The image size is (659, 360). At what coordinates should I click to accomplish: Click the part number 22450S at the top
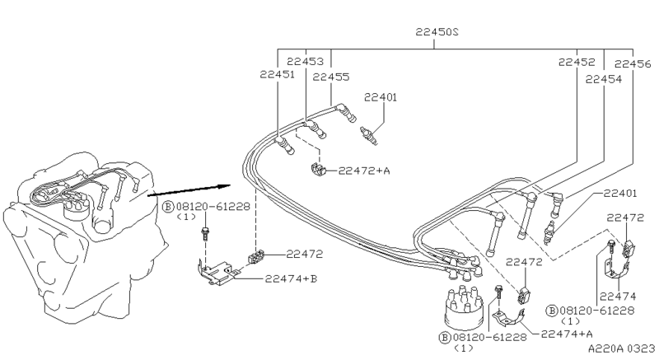437,31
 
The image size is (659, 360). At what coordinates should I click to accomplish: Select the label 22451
277,74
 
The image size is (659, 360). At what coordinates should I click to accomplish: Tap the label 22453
306,62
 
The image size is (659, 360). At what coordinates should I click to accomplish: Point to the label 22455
331,77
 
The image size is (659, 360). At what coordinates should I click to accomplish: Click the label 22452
577,62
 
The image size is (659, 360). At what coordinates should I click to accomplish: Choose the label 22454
603,79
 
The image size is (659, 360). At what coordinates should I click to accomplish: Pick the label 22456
633,64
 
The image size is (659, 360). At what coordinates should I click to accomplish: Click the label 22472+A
364,171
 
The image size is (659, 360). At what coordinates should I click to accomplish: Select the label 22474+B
291,278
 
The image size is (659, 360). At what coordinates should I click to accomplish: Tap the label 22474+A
566,334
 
